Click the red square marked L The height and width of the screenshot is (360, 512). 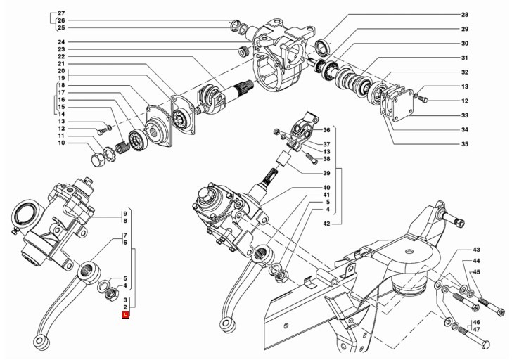point(126,314)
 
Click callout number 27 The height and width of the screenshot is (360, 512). point(61,13)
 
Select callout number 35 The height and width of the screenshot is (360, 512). point(465,144)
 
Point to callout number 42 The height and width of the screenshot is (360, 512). point(326,224)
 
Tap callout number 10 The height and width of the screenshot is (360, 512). point(61,143)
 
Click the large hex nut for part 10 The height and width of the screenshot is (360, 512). point(98,160)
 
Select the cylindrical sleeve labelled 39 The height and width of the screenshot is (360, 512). point(283,160)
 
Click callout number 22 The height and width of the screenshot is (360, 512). point(61,56)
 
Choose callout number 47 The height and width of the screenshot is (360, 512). point(476,329)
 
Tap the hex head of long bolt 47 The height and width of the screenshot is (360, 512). point(485,345)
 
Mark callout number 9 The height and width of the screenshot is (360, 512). point(125,214)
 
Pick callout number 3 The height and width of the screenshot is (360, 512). point(125,300)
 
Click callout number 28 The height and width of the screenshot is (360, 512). point(465,15)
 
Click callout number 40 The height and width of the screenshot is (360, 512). point(326,187)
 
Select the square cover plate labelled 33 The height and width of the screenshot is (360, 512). point(399,105)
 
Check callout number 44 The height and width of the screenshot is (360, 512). point(476,261)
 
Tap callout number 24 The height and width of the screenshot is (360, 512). point(61,42)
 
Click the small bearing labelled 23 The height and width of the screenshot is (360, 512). point(243,51)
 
